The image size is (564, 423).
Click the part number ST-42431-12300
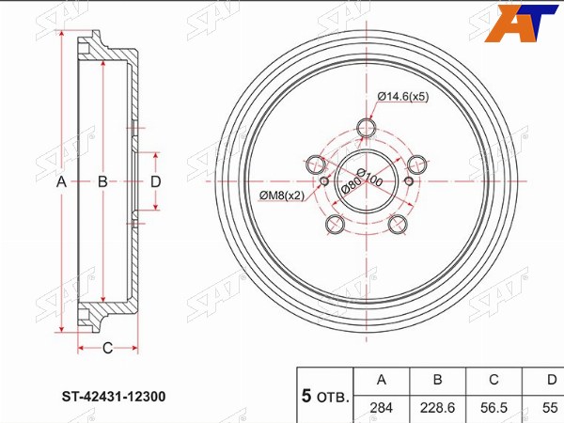[114, 397]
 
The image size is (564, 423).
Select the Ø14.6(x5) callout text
[403, 97]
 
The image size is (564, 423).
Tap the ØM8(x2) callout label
[282, 196]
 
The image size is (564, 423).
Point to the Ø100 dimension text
[369, 178]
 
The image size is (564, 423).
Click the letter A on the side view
[61, 182]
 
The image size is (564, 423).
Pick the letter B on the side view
[102, 182]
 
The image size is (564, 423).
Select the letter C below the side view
[107, 348]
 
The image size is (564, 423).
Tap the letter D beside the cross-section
[155, 182]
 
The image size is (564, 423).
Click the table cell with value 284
[382, 408]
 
